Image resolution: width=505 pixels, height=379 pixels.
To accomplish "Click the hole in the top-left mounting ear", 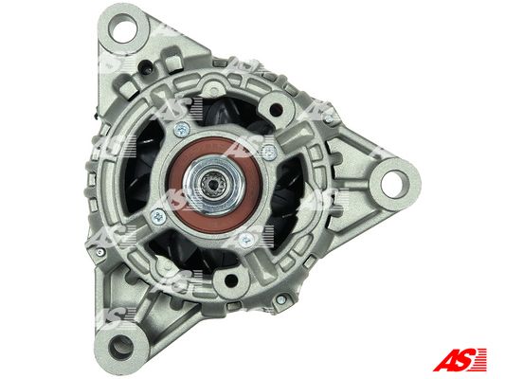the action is (x=123, y=28).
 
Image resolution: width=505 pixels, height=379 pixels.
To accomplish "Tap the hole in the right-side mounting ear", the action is (x=394, y=185).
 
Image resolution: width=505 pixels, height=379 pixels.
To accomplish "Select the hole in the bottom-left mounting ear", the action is (x=121, y=348).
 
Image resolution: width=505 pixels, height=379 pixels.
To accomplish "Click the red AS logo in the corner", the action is (x=460, y=359).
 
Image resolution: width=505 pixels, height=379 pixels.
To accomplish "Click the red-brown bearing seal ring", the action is (x=214, y=185).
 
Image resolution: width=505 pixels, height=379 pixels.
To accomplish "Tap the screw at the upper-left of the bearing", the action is (x=182, y=130).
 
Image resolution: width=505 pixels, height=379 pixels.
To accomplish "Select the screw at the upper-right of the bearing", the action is (x=269, y=151).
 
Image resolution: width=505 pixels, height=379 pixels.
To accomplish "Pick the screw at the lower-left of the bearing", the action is (x=158, y=216).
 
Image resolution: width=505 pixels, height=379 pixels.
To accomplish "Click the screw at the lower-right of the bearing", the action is (x=246, y=240).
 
